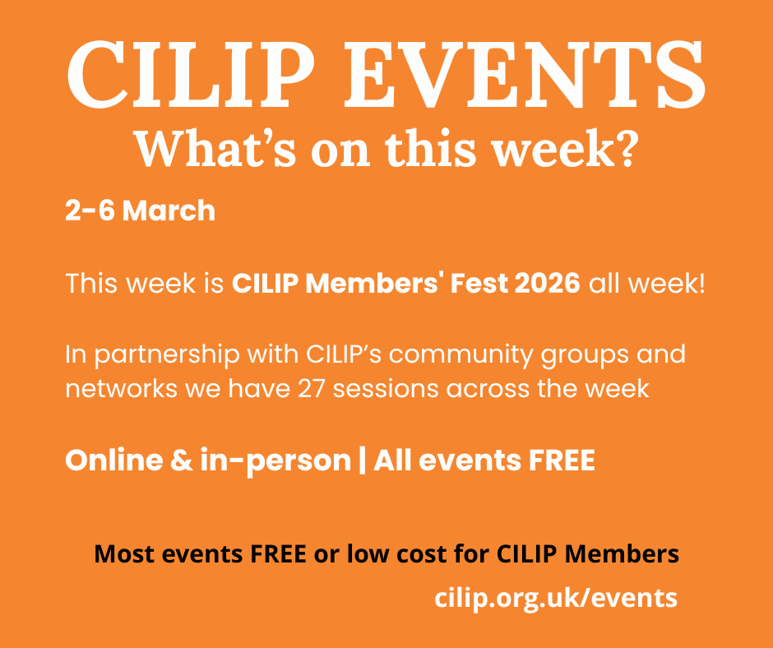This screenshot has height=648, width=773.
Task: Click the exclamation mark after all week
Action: click(x=701, y=285)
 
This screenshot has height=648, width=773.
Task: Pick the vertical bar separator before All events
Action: click(x=362, y=461)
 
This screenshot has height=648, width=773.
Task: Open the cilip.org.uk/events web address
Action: click(x=556, y=598)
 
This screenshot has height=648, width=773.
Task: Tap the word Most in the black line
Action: click(x=123, y=553)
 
